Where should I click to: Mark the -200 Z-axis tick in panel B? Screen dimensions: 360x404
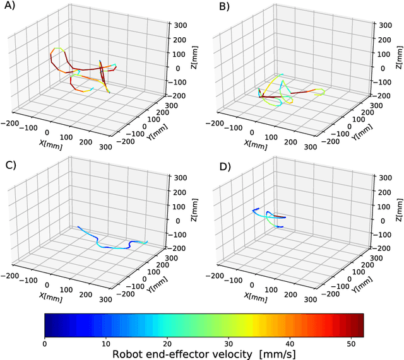(387, 96)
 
